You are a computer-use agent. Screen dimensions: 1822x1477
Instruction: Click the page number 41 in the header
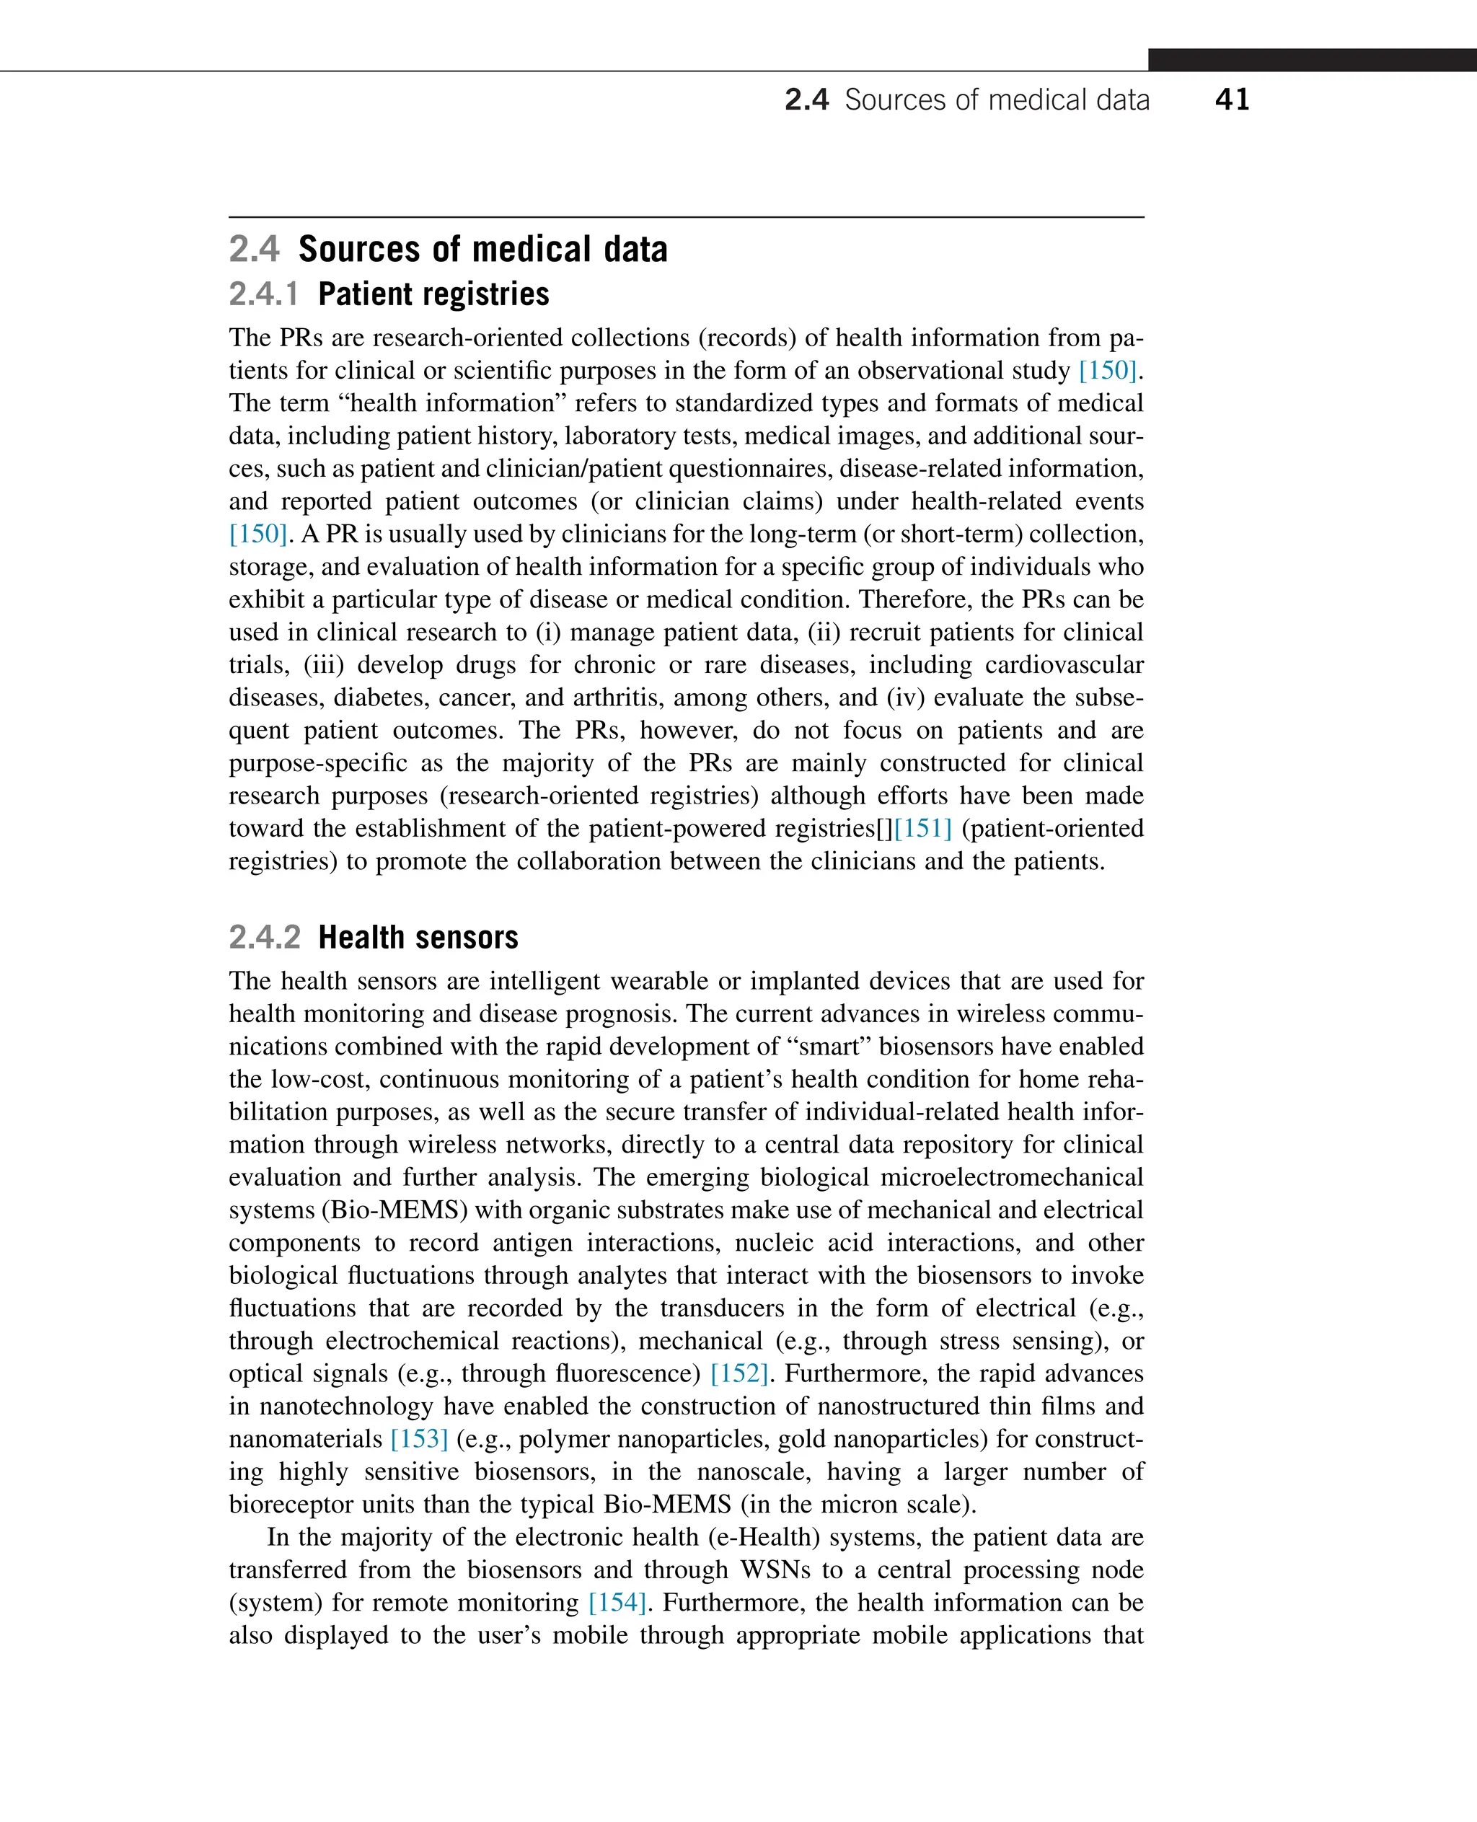point(1231,100)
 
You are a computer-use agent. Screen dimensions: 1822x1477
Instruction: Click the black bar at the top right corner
point(1311,60)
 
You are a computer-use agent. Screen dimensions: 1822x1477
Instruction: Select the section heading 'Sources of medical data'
point(482,250)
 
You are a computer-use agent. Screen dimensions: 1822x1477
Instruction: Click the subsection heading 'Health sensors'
point(418,938)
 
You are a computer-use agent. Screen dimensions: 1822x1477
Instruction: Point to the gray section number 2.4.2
point(265,938)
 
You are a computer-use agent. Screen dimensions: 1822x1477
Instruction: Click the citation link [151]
point(922,829)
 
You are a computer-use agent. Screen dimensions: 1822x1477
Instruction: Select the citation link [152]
point(738,1374)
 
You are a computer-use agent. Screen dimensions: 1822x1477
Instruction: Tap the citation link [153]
point(418,1440)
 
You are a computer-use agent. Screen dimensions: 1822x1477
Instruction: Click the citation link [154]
point(617,1603)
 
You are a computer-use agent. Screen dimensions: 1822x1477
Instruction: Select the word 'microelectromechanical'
point(1011,1178)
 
